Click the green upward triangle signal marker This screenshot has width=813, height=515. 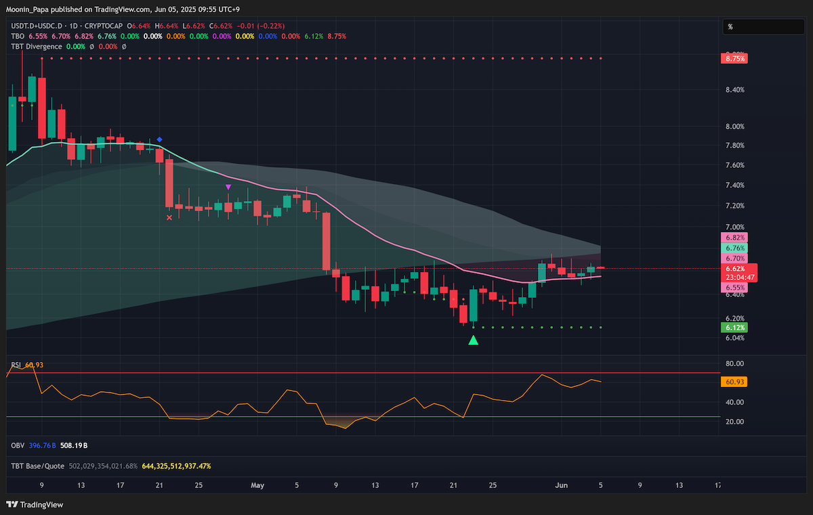(473, 340)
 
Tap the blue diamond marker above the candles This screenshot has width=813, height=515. (159, 139)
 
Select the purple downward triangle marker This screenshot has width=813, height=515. (228, 187)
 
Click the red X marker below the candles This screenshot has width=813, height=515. (169, 217)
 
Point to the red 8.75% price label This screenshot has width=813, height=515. (734, 58)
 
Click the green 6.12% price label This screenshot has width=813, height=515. (734, 328)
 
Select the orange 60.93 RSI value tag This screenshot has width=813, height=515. (734, 382)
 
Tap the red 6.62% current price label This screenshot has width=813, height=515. (735, 269)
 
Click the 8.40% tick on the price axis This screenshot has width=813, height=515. (735, 89)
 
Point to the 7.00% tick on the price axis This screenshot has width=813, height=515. (735, 227)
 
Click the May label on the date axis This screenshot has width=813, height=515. (257, 485)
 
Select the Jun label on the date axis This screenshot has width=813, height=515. (561, 485)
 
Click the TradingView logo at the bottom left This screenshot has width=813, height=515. (35, 504)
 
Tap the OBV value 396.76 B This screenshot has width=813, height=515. (42, 445)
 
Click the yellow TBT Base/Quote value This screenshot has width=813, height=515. (176, 466)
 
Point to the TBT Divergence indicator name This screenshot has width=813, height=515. (37, 47)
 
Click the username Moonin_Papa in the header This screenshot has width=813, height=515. (27, 9)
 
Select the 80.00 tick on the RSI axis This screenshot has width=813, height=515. (734, 363)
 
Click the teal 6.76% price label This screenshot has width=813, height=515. (734, 248)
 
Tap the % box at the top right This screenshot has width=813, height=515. (764, 27)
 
